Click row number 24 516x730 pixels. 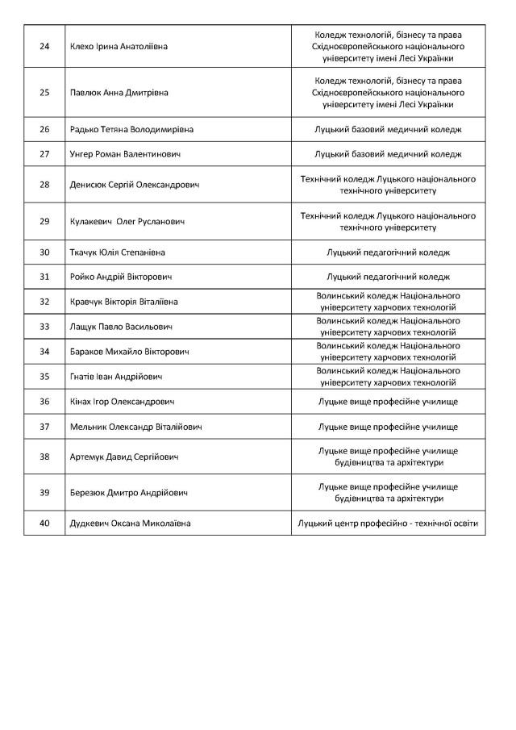[44, 46]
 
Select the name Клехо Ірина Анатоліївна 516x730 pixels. [119, 46]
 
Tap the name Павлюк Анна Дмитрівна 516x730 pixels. [119, 92]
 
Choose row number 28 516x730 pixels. [44, 185]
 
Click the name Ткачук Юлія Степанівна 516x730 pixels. [119, 252]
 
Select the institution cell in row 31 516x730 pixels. [388, 277]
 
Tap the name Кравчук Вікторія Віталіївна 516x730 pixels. [125, 302]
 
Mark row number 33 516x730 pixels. [44, 327]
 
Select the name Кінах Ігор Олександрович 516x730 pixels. [123, 401]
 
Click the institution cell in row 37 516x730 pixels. [388, 426]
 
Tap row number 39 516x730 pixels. [44, 493]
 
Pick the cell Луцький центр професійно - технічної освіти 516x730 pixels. [388, 524]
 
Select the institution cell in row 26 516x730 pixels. [388, 129]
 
